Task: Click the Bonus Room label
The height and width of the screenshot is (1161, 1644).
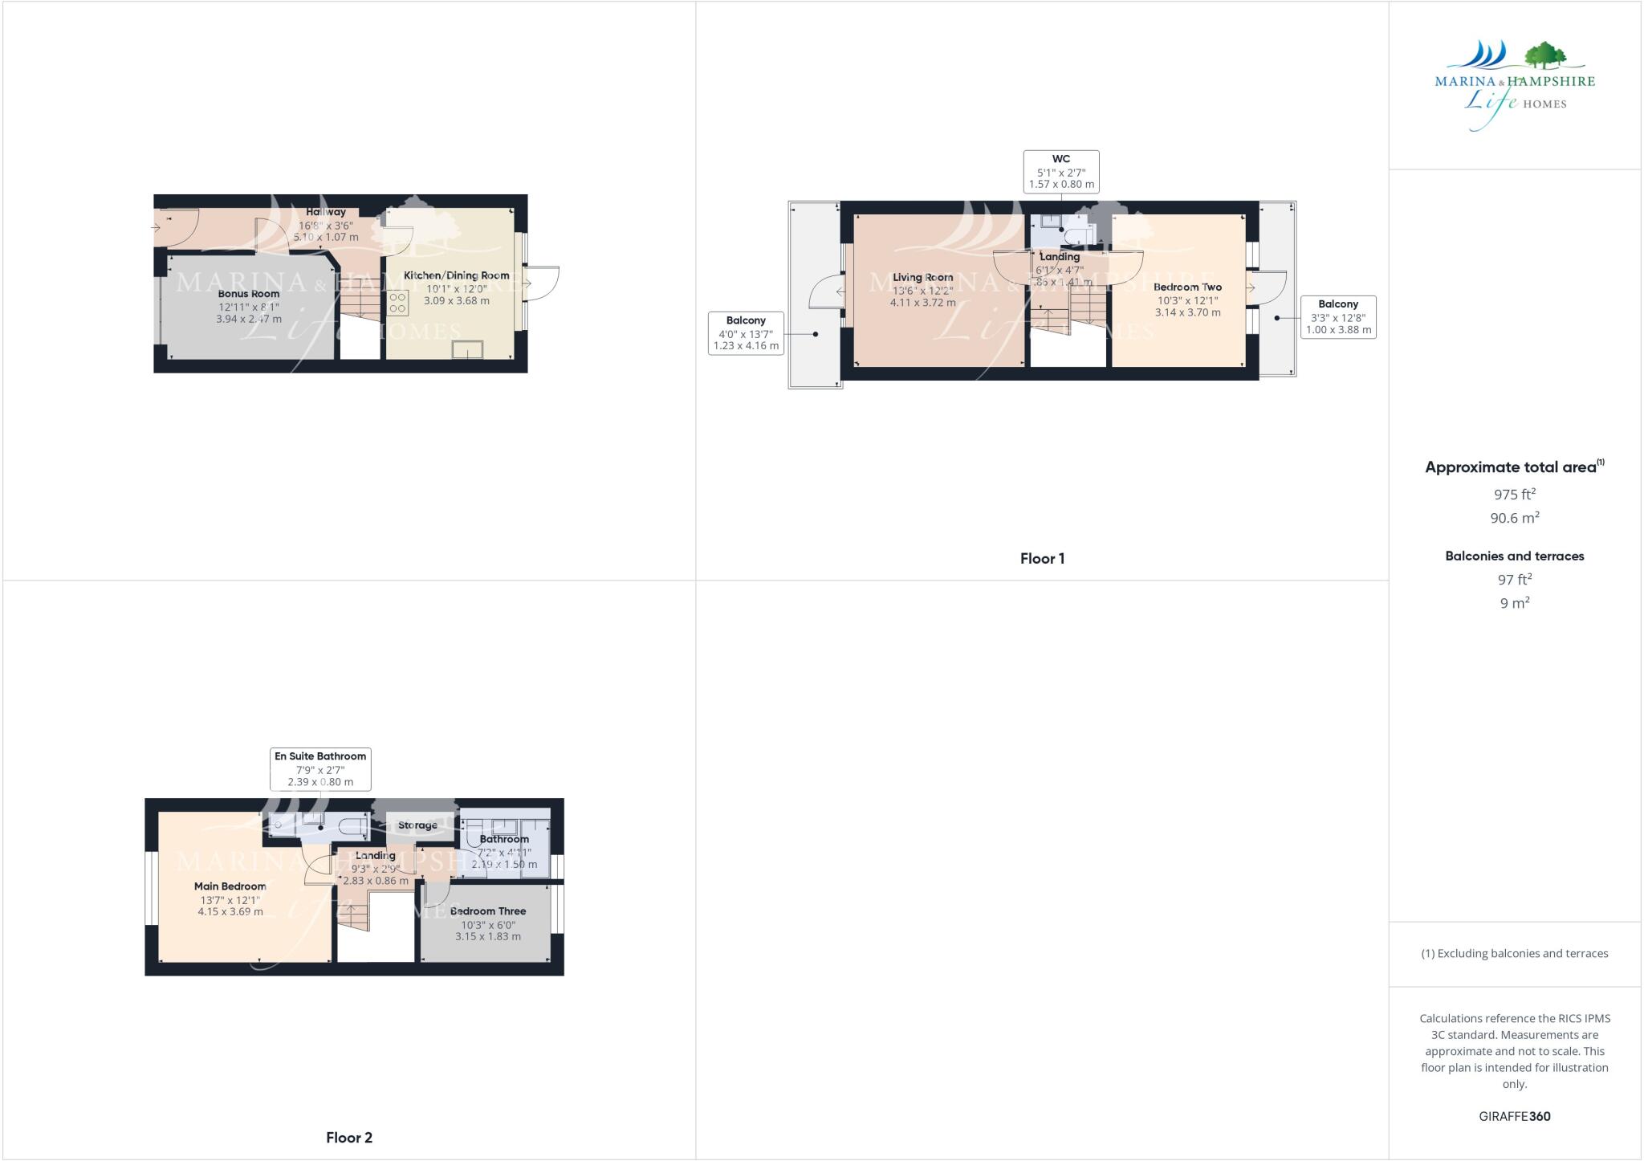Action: [x=249, y=294]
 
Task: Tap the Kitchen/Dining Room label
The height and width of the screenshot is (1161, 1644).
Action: [x=456, y=275]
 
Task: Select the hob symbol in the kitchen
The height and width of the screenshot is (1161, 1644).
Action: [x=397, y=303]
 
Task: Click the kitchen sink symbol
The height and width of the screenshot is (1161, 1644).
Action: [x=467, y=349]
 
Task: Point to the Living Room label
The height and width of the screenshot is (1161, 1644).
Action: [x=922, y=277]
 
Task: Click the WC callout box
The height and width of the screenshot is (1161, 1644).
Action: [x=1061, y=171]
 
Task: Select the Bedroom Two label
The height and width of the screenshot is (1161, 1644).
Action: [x=1187, y=287]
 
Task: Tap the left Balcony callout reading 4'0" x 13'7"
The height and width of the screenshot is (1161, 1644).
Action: [x=746, y=333]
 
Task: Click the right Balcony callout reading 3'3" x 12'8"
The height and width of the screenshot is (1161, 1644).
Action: [x=1338, y=317]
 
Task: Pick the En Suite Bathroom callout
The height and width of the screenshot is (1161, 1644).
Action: [x=320, y=768]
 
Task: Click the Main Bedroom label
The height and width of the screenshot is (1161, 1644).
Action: [x=230, y=886]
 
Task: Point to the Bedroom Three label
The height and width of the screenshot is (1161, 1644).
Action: [x=488, y=911]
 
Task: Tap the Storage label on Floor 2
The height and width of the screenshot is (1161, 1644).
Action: [x=417, y=825]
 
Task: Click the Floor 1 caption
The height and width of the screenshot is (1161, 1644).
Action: [x=1042, y=559]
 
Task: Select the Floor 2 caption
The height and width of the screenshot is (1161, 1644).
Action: [x=349, y=1138]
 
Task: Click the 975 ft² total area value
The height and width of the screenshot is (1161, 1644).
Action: [x=1514, y=495]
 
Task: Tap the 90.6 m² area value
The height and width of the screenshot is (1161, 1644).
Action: [x=1514, y=518]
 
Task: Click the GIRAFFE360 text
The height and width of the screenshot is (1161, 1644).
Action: [x=1514, y=1116]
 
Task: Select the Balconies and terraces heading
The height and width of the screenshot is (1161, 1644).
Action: [x=1514, y=556]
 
